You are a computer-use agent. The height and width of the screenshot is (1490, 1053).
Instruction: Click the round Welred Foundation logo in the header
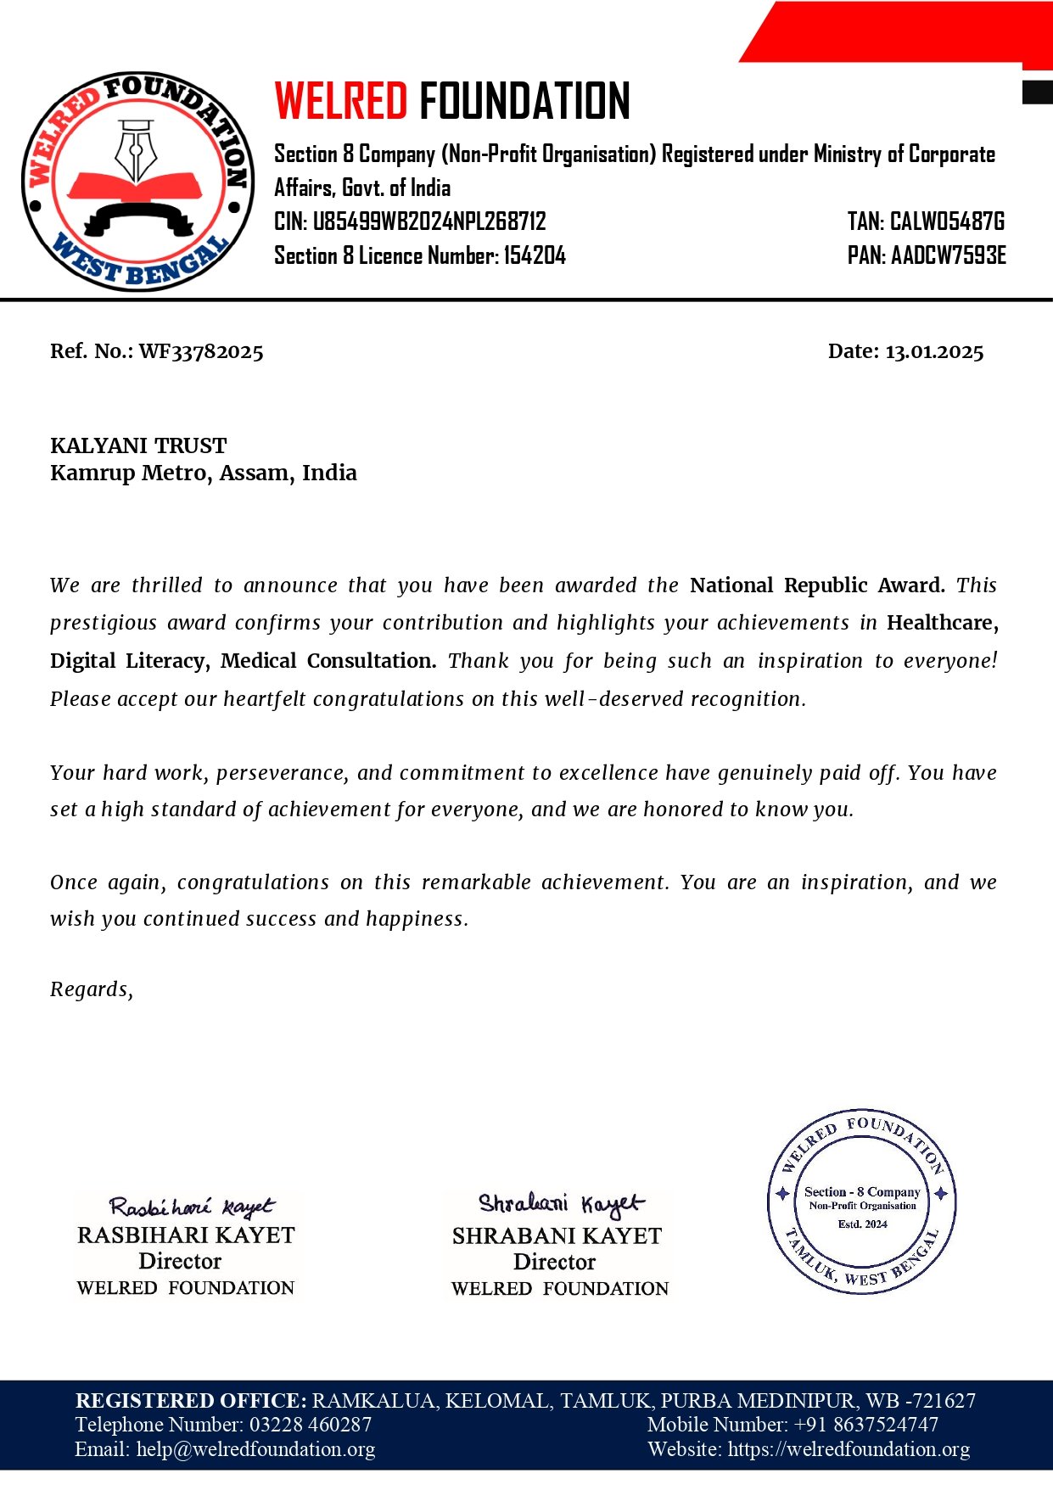point(137,181)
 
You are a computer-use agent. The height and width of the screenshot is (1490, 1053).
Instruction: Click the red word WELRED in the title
point(341,102)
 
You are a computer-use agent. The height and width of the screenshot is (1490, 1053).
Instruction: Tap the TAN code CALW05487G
point(947,222)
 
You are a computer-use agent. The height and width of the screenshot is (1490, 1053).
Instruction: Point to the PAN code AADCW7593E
point(948,255)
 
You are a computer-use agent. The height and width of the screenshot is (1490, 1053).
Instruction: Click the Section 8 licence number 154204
point(535,255)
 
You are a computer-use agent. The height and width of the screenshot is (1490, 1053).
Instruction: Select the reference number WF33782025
point(201,351)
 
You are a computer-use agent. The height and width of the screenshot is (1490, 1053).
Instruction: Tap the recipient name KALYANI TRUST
point(138,445)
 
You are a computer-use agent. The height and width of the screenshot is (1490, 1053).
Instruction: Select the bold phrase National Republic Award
point(816,585)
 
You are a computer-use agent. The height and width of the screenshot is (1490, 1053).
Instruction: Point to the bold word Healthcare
point(939,623)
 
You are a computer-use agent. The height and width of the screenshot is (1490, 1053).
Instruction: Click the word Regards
point(91,989)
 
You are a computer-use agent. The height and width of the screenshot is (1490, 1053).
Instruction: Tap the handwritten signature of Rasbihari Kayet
point(191,1206)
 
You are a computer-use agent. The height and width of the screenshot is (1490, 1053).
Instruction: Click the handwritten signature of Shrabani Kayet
point(560,1203)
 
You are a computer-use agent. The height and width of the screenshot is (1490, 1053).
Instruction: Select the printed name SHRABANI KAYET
point(557,1235)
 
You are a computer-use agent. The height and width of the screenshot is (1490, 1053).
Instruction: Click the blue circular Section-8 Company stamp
point(862,1201)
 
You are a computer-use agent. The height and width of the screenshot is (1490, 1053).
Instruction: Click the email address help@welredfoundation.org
point(255,1449)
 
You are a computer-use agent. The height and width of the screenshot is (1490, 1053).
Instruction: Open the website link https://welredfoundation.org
point(849,1449)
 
